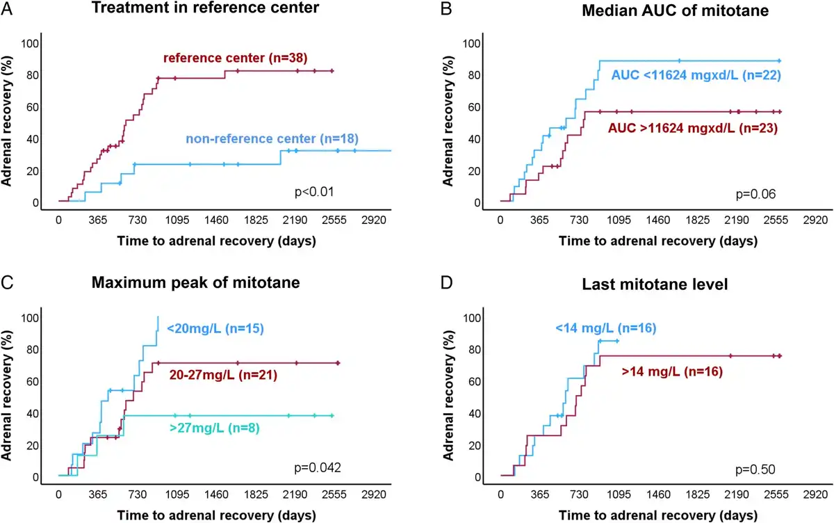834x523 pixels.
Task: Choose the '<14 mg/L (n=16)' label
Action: coord(604,328)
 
